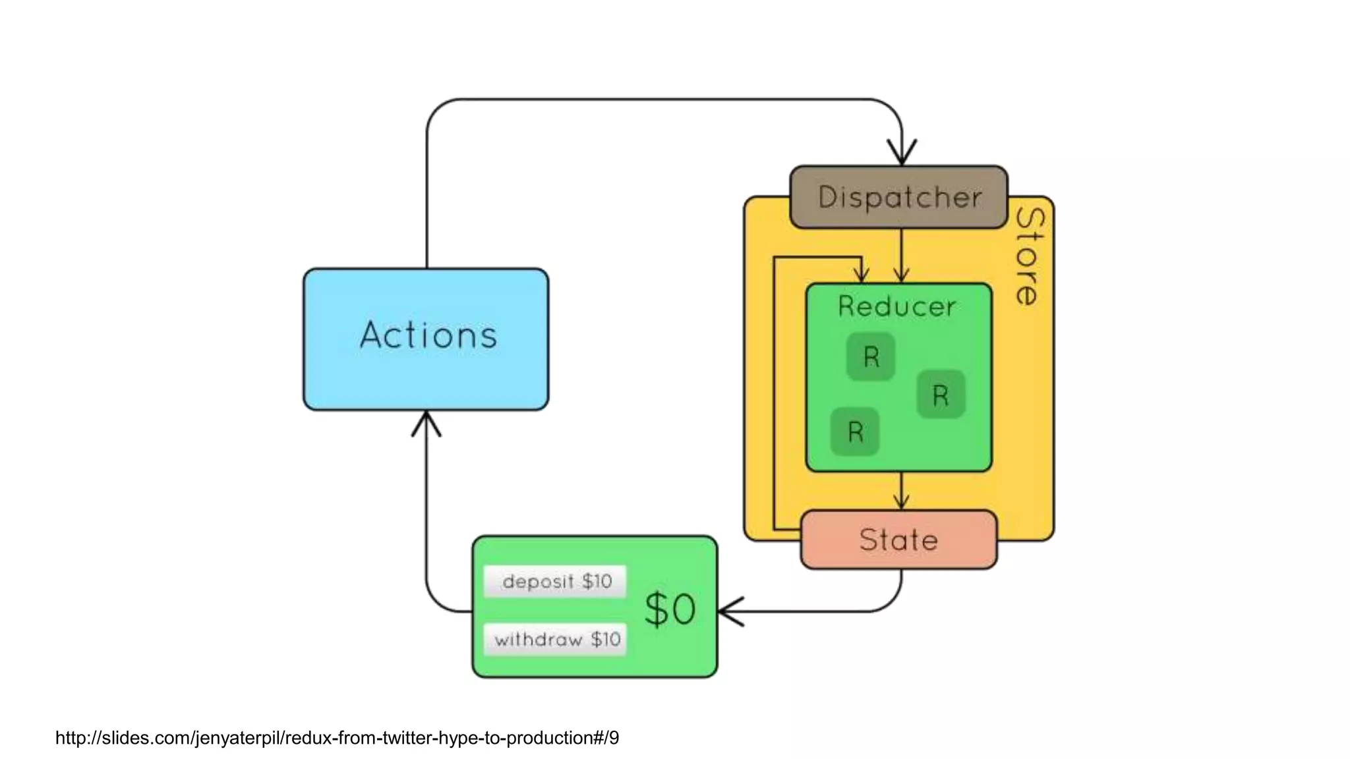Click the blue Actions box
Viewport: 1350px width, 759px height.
pyautogui.click(x=426, y=339)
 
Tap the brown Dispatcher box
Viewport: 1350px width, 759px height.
pyautogui.click(x=898, y=197)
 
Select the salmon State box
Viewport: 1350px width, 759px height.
pyautogui.click(x=898, y=540)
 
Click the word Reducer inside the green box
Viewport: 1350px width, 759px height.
pyautogui.click(x=896, y=306)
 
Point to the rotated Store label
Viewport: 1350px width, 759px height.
pyautogui.click(x=1028, y=257)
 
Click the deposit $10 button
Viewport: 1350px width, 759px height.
pyautogui.click(x=556, y=581)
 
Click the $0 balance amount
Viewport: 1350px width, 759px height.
pyautogui.click(x=670, y=609)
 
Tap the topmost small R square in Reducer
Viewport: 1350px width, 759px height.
pyautogui.click(x=871, y=356)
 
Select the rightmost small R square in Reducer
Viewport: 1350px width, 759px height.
pyautogui.click(x=941, y=395)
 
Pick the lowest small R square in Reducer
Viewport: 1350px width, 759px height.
pyautogui.click(x=855, y=432)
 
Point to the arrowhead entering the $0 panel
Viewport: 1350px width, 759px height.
pyautogui.click(x=729, y=611)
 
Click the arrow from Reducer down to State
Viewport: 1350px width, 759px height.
pyautogui.click(x=902, y=492)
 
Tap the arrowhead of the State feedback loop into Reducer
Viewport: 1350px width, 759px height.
pyautogui.click(x=861, y=273)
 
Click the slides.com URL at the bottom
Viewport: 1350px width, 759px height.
pyautogui.click(x=337, y=738)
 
